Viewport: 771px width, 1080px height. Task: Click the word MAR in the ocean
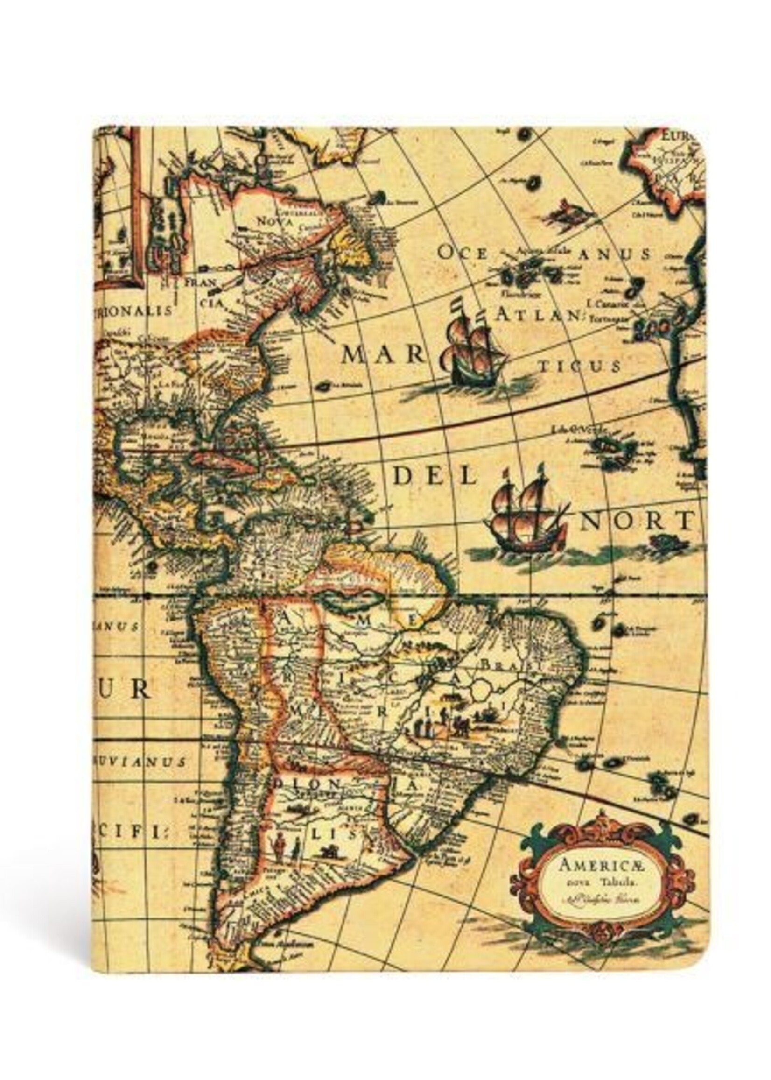(383, 355)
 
